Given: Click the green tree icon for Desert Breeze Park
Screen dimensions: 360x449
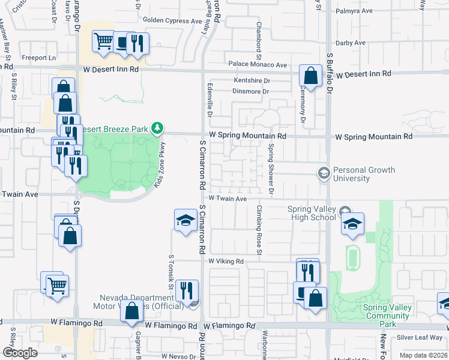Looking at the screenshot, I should pos(157,127).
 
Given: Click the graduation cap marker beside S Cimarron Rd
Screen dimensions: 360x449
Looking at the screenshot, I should pos(185,220).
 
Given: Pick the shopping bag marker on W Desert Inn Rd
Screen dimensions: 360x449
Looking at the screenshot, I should pos(310,76).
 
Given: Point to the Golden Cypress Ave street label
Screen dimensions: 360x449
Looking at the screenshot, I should pos(172,20).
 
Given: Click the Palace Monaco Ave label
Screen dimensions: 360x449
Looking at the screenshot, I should pos(258,65).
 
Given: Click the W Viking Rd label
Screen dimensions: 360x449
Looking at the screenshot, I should pos(226,262).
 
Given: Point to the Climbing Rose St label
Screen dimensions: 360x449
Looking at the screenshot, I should pos(259,230).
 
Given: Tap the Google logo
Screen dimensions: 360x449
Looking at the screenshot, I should pos(20,353).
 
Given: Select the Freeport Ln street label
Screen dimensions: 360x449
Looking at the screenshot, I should pos(40,58).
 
